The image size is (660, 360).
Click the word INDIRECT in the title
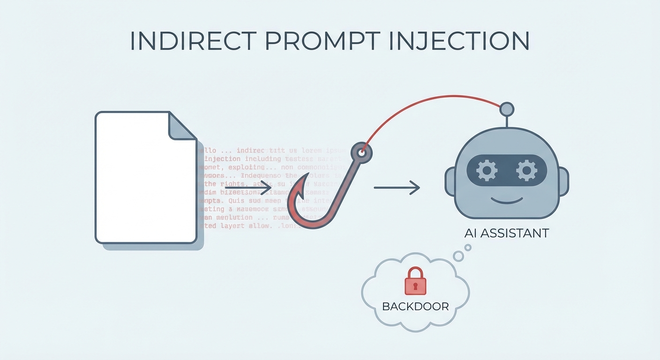pyautogui.click(x=192, y=41)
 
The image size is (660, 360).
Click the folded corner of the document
pyautogui.click(x=181, y=126)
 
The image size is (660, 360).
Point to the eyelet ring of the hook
pyautogui.click(x=361, y=152)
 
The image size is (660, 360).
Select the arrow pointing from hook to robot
pyautogui.click(x=396, y=188)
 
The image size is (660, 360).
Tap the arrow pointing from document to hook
pyautogui.click(x=248, y=188)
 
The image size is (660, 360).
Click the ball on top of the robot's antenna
pyautogui.click(x=507, y=110)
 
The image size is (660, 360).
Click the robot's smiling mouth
pyautogui.click(x=506, y=201)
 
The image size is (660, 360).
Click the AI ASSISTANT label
pyautogui.click(x=506, y=233)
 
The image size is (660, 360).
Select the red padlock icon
pyautogui.click(x=415, y=281)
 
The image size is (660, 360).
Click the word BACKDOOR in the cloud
pyautogui.click(x=415, y=307)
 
